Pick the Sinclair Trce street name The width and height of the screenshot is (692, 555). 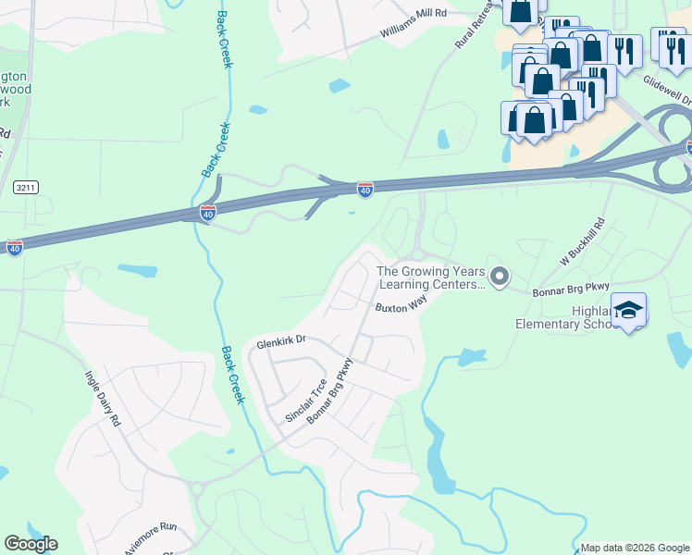(305, 401)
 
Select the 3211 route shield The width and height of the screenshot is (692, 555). (26, 187)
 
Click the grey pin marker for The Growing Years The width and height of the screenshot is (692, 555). (500, 277)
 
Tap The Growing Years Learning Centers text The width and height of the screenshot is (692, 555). (431, 278)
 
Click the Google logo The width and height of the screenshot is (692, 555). (31, 544)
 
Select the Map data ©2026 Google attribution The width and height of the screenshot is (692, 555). (635, 547)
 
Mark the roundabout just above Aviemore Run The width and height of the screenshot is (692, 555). (196, 488)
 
